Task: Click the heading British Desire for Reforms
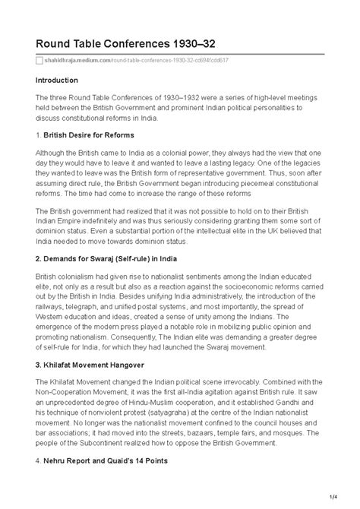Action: click(90, 134)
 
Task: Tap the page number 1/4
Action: click(336, 498)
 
